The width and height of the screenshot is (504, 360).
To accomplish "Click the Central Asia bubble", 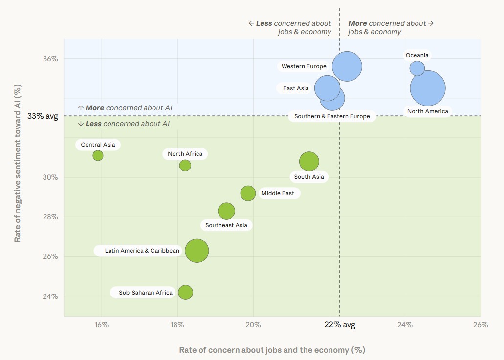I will [98, 155].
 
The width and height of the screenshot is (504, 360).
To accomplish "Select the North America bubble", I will [428, 88].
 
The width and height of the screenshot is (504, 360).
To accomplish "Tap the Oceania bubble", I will [417, 68].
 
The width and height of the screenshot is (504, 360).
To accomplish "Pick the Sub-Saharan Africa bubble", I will [185, 292].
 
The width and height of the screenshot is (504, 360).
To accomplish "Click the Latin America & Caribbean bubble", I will [197, 251].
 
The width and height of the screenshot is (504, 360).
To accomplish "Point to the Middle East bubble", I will [248, 193].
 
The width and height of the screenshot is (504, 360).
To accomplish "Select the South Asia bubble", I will [309, 161].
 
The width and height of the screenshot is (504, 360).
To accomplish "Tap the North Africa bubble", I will [185, 166].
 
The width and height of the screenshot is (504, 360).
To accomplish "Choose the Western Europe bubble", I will [347, 66].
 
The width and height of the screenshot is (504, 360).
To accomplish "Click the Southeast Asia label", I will [226, 225].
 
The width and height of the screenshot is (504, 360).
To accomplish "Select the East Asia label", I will [296, 88].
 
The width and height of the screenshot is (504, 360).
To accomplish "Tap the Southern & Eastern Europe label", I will [332, 116].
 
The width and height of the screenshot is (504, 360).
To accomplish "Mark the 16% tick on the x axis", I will [102, 325].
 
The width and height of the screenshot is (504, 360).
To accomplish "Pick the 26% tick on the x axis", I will [481, 325].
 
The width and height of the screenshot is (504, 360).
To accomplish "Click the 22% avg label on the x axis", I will [340, 325].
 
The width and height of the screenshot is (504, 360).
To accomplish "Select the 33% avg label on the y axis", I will [43, 116].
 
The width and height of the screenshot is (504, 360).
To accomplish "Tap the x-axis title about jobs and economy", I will [272, 350].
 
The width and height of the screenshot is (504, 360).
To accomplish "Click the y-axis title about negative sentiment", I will [18, 164].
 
